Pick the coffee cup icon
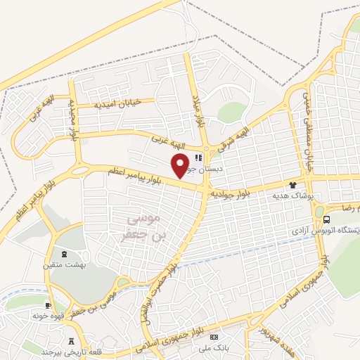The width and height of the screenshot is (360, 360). tap(49, 305)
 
